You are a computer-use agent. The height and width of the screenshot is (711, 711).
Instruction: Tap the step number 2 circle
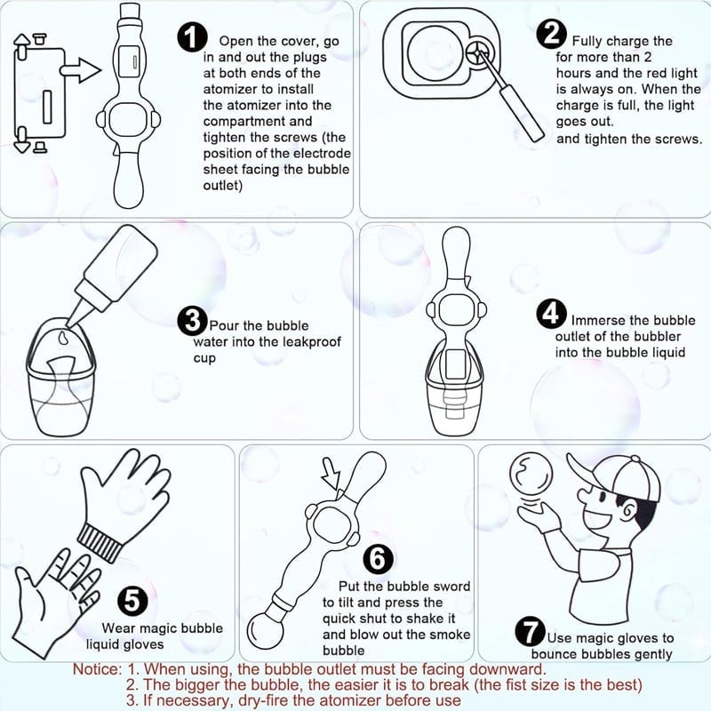[x=552, y=35]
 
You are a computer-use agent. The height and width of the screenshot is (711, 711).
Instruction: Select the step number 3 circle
[x=192, y=320]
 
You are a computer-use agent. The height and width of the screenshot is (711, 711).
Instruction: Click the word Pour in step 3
[x=224, y=326]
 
